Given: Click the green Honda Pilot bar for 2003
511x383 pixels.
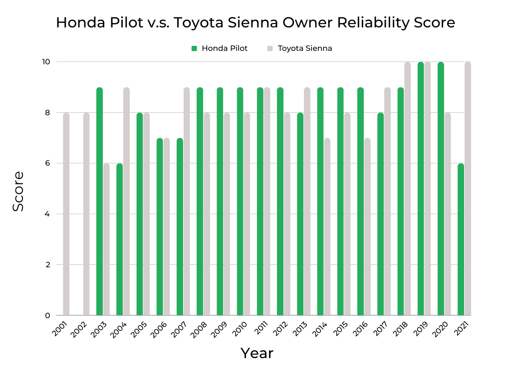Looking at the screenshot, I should [99, 201].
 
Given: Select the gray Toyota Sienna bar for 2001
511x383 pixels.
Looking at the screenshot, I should [66, 214].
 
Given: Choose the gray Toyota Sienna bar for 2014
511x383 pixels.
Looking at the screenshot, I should [327, 227].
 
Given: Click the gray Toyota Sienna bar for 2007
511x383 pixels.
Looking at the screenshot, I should [186, 201].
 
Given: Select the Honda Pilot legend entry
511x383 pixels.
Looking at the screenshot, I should [220, 48].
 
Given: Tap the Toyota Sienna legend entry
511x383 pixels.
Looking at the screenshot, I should [299, 48].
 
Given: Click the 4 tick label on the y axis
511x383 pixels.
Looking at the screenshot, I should [48, 214].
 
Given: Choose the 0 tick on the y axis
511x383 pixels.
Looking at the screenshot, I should [48, 315].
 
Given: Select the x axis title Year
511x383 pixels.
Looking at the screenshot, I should [257, 353].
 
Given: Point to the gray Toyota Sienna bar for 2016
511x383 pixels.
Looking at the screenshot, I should [367, 227].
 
